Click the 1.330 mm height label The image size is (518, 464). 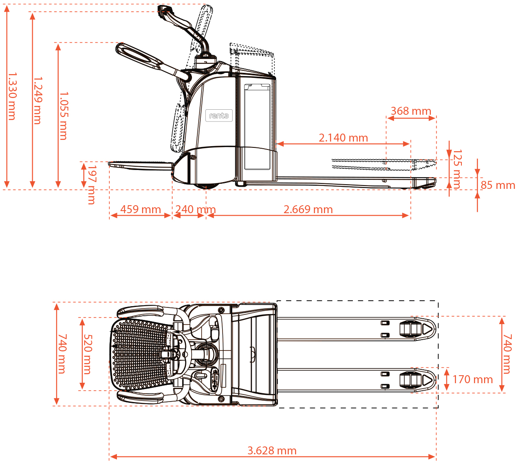coord(12,96)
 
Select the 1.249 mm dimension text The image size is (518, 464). coord(38,101)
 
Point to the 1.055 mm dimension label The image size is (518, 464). coord(63,116)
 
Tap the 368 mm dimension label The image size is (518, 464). coord(411,111)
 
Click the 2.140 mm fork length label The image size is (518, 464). coord(343,138)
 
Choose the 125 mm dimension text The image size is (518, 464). coord(457,169)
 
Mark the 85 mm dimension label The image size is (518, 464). coord(497,185)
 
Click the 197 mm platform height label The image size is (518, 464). coord(91,184)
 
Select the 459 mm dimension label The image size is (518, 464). coord(140,209)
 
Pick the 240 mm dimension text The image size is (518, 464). coord(195,209)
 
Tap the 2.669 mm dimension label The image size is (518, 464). coord(308,209)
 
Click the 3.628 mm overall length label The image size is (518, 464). coord(272,451)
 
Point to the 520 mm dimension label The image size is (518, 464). coord(88,354)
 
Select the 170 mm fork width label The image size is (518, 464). coord(472,379)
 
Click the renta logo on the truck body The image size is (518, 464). coord(219,116)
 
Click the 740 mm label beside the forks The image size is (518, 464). coord(508,354)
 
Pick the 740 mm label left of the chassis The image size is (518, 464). coord(62,354)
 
